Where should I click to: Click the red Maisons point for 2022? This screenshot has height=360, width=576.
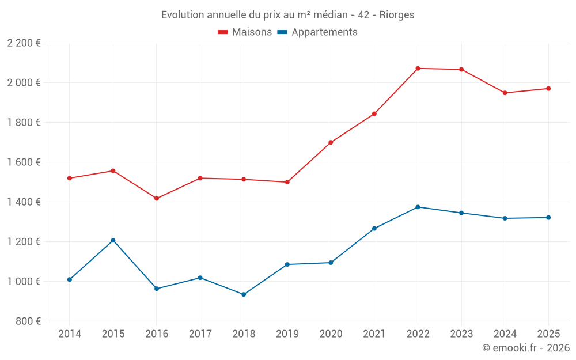(x=418, y=69)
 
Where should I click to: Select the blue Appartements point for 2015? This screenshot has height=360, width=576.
(x=113, y=240)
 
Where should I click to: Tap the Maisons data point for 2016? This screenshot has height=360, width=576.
(x=157, y=198)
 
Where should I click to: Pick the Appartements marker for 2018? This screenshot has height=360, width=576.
(x=244, y=294)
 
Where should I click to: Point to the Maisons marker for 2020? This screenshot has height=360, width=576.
(x=331, y=142)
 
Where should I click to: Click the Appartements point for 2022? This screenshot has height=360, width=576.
(x=418, y=207)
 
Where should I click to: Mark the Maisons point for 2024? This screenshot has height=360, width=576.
(x=505, y=93)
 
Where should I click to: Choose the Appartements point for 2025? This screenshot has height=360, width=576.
(x=548, y=217)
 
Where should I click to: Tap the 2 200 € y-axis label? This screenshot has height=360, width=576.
(x=24, y=43)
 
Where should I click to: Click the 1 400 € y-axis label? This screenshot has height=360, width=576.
(x=24, y=202)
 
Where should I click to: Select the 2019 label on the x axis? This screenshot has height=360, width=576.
(x=287, y=334)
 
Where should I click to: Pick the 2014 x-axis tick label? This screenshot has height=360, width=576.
(x=69, y=334)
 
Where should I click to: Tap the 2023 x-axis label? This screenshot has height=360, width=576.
(x=461, y=334)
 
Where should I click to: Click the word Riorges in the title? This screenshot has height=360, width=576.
(x=397, y=15)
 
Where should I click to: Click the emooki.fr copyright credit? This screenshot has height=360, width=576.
(x=526, y=348)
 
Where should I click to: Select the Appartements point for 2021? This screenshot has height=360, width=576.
(x=374, y=229)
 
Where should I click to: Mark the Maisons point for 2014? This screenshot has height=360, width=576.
(x=69, y=178)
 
